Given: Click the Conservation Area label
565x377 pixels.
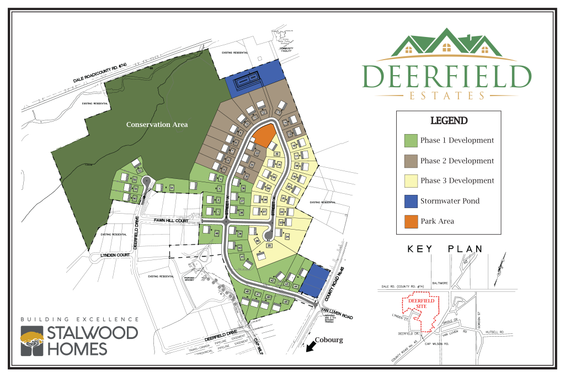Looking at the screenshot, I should [157, 125].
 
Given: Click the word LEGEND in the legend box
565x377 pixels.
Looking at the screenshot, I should [449, 121].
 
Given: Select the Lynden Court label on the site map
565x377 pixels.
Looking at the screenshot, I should [114, 254].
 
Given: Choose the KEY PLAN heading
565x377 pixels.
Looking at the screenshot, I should [445, 249].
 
